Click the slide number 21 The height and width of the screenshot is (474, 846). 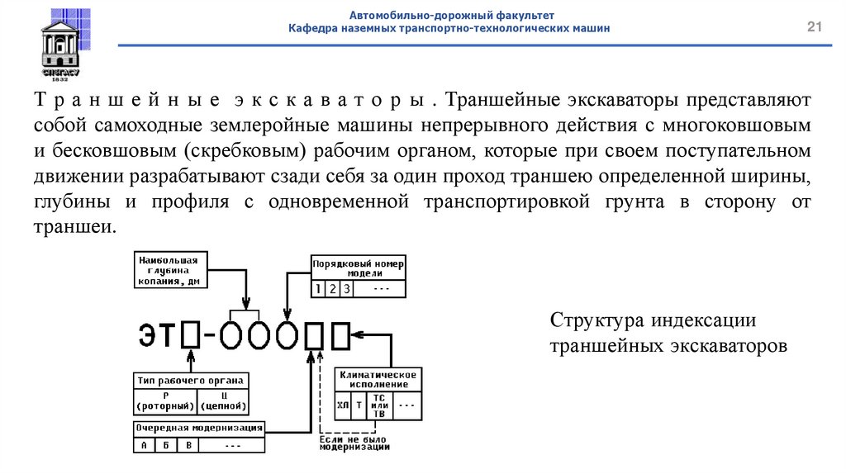pyautogui.click(x=815, y=30)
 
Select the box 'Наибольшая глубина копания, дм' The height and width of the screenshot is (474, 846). pyautogui.click(x=170, y=269)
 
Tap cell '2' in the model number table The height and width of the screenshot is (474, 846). pyautogui.click(x=331, y=289)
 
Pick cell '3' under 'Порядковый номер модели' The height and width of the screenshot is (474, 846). pyautogui.click(x=347, y=289)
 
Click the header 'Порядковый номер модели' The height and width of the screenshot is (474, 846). pyautogui.click(x=359, y=268)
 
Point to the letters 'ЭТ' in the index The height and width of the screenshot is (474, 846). pyautogui.click(x=158, y=334)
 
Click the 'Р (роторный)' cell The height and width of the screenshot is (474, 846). pyautogui.click(x=165, y=401)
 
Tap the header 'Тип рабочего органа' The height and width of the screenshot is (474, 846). pyautogui.click(x=191, y=381)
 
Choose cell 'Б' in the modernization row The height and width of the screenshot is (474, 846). pyautogui.click(x=166, y=445)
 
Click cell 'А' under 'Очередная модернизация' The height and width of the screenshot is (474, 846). pyautogui.click(x=144, y=445)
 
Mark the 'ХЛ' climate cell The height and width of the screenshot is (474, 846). pyautogui.click(x=343, y=405)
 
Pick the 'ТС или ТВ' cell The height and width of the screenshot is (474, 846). pyautogui.click(x=379, y=405)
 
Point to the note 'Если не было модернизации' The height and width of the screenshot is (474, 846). pyautogui.click(x=354, y=443)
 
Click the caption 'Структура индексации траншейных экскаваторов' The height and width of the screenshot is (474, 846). pyautogui.click(x=668, y=333)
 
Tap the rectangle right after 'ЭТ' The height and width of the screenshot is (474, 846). pyautogui.click(x=190, y=334)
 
